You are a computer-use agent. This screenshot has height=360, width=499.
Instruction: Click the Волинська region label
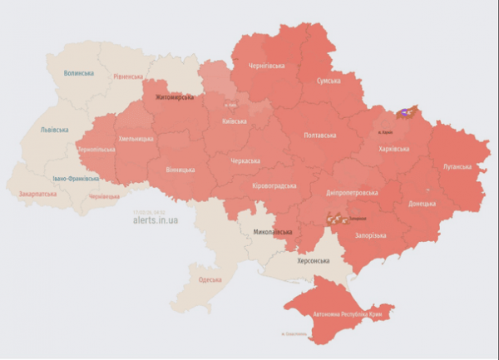(x=78, y=73)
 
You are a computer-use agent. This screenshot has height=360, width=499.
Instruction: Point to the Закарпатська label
(x=37, y=194)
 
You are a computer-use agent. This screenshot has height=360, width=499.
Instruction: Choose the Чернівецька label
(x=104, y=197)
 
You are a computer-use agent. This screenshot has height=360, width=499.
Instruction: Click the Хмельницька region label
(x=136, y=139)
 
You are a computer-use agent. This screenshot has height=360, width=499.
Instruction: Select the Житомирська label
(x=173, y=98)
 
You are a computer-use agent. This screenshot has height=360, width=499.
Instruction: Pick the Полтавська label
(x=320, y=135)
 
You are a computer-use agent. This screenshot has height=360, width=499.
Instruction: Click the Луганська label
(x=457, y=166)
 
